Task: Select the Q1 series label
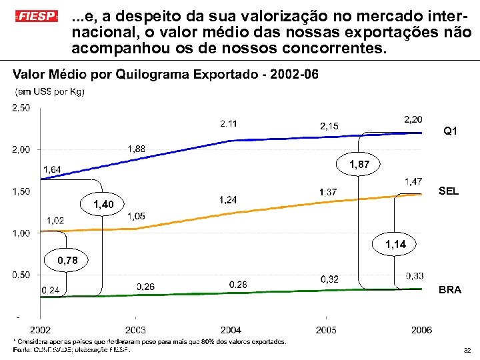451,131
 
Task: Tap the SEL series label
449,191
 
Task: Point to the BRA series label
449,291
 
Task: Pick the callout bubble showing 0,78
66,260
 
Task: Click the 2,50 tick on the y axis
22,108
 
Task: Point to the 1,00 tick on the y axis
22,233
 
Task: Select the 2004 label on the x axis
231,330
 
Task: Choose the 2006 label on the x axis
421,330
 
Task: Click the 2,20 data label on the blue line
413,119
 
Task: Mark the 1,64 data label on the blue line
52,169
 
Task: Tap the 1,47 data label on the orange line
413,181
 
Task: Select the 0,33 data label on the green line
414,276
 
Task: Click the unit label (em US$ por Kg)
49,92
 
